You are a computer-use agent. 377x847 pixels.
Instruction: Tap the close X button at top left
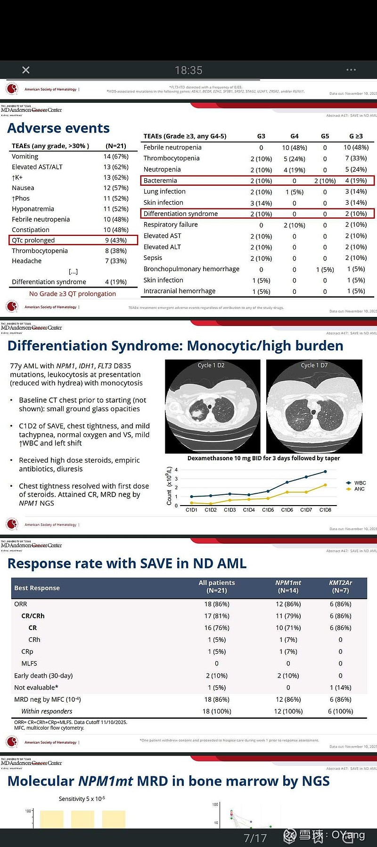26,70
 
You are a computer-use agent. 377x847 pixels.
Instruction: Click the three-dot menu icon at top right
351,70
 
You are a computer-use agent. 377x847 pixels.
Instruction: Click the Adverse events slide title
58,128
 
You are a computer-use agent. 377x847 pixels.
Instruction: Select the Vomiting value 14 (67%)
116,157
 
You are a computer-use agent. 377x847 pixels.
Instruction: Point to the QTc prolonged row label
33,240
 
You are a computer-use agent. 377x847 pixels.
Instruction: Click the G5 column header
325,136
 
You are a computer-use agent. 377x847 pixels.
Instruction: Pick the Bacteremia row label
160,180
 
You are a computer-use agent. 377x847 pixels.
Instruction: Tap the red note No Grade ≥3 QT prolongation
73,293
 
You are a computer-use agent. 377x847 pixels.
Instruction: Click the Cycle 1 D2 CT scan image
213,406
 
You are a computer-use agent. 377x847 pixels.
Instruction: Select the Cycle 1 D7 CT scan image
314,406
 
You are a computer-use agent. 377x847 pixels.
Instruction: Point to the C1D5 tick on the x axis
268,510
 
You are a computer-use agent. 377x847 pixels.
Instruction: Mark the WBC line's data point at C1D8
325,472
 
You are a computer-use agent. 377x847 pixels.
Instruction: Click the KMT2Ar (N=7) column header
340,586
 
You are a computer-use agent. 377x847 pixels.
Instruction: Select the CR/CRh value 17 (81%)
217,616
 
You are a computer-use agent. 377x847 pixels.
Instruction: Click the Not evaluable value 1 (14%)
340,687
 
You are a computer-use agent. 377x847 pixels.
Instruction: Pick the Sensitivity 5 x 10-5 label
82,798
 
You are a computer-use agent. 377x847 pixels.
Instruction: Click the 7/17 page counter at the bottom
255,838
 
